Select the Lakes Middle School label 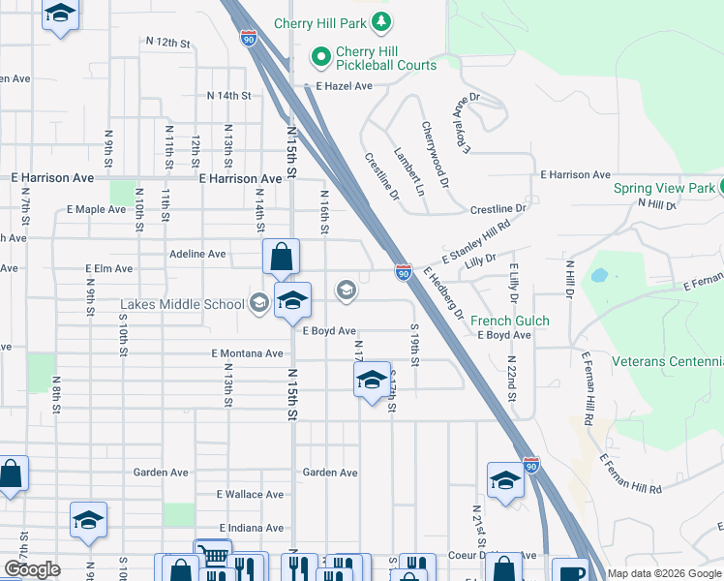coord(182,304)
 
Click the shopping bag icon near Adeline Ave coord(281,259)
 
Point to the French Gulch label coord(509,321)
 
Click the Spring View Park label coord(664,188)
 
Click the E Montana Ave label coord(247,353)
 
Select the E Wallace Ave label coord(250,494)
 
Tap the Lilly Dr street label coord(480,259)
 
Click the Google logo coord(32,569)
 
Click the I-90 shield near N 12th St coord(250,39)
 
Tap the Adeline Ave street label coord(197,254)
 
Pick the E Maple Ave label coord(97,209)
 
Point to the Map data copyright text coord(664,573)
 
